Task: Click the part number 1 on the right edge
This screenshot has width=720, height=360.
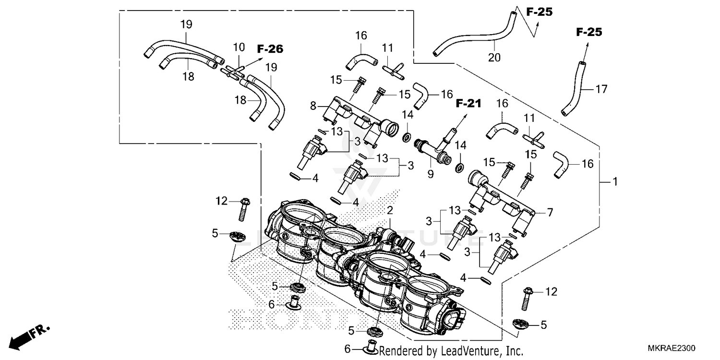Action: [x=614, y=182]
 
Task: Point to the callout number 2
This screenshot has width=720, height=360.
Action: [x=390, y=210]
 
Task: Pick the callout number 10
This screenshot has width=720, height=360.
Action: [x=239, y=47]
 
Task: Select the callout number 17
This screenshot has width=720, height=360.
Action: [x=601, y=89]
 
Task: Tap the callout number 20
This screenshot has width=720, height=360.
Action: [x=494, y=58]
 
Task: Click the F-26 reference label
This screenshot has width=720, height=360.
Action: [x=270, y=49]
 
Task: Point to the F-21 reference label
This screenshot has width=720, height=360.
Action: [x=468, y=103]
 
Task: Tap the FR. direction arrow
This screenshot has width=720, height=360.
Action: [x=29, y=336]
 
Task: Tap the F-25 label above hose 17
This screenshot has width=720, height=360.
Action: [x=588, y=33]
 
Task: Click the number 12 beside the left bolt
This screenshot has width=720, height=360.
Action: [x=221, y=202]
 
